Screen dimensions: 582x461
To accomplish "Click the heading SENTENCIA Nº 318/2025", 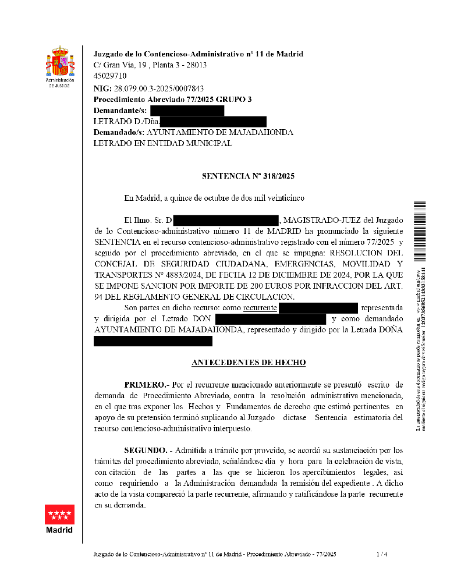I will pos(244,176).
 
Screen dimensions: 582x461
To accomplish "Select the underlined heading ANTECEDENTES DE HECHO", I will pos(249,363).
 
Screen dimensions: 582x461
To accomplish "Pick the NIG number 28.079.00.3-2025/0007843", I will pos(159,88).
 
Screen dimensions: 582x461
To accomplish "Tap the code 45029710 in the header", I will pos(110,76).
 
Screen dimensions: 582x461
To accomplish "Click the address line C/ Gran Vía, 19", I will pos(150,65).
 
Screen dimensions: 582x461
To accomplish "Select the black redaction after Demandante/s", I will pos(187,111).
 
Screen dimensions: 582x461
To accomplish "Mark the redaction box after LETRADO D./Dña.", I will pos(213,122).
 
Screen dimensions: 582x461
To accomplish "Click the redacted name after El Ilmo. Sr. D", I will pos(226,221).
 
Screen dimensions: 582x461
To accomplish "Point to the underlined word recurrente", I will pos(260,308).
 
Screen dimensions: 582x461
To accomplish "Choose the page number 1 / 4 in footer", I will pos(382,554).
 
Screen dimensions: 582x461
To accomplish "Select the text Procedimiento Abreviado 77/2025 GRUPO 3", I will pos(173,100).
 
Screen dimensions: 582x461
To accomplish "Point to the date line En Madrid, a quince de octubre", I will pos(214,198).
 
